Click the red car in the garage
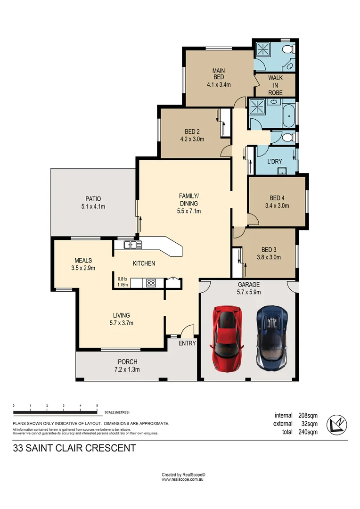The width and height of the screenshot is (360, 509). pos(228,337)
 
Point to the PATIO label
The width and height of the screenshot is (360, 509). pos(93,199)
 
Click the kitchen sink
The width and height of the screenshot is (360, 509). pos(133,245)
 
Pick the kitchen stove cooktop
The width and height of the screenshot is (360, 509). pos(152,283)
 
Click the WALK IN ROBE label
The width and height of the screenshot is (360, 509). pos(275,85)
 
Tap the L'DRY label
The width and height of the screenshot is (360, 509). pos(275,161)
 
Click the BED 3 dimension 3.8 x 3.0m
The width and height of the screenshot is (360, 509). pos(269,257)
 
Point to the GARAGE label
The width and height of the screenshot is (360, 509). pos(248,285)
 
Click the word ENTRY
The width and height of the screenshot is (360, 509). pos(187,343)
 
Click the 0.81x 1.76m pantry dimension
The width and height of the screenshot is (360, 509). pos(122,281)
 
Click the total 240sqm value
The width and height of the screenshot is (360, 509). pos(308,432)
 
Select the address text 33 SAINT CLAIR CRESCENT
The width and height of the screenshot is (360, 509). pos(74,448)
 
